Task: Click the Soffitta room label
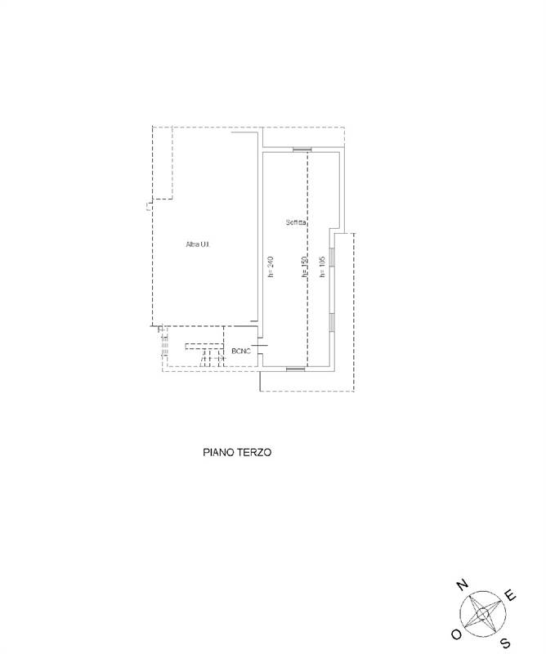(x=296, y=222)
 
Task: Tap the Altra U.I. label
(x=197, y=244)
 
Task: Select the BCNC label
(x=241, y=352)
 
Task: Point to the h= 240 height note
(x=271, y=267)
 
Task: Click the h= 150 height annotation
(x=304, y=267)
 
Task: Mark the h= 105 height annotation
(x=321, y=267)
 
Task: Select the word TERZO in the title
(x=255, y=452)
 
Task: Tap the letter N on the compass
(x=462, y=585)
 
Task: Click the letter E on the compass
(x=511, y=595)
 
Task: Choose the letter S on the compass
(x=505, y=643)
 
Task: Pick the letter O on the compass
(x=457, y=634)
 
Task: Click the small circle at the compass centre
(x=483, y=614)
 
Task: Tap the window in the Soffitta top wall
(x=302, y=150)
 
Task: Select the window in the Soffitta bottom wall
(x=296, y=369)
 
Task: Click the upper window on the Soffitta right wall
(x=333, y=257)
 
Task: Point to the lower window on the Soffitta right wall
(x=333, y=323)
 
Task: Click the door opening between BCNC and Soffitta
(x=259, y=346)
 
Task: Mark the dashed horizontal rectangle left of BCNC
(x=203, y=346)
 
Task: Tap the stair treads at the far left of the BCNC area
(x=166, y=341)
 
